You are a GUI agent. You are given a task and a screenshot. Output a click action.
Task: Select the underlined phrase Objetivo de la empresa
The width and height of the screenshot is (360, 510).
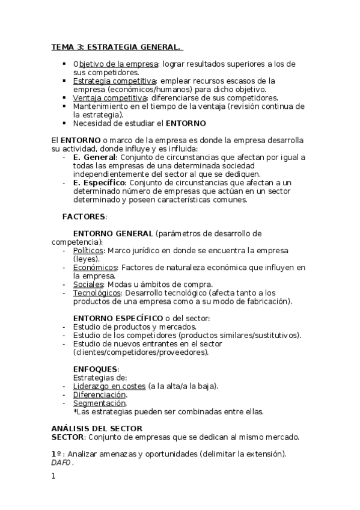115,64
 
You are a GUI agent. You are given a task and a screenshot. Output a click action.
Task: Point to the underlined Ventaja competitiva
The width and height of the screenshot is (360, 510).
110,97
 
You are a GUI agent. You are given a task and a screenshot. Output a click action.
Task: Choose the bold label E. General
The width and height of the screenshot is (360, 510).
94,157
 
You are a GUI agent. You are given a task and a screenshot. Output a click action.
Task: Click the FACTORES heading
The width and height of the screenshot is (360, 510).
84,216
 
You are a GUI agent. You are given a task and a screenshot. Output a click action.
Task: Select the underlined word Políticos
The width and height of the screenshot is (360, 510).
88,250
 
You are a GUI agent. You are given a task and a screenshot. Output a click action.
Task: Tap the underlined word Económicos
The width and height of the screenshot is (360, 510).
94,267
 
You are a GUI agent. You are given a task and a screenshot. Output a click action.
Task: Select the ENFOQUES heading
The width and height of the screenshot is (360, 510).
96,369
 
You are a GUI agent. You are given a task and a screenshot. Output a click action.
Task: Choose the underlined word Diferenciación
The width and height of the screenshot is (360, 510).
100,395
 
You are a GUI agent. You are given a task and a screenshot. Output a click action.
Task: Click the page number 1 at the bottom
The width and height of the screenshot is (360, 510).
53,476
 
